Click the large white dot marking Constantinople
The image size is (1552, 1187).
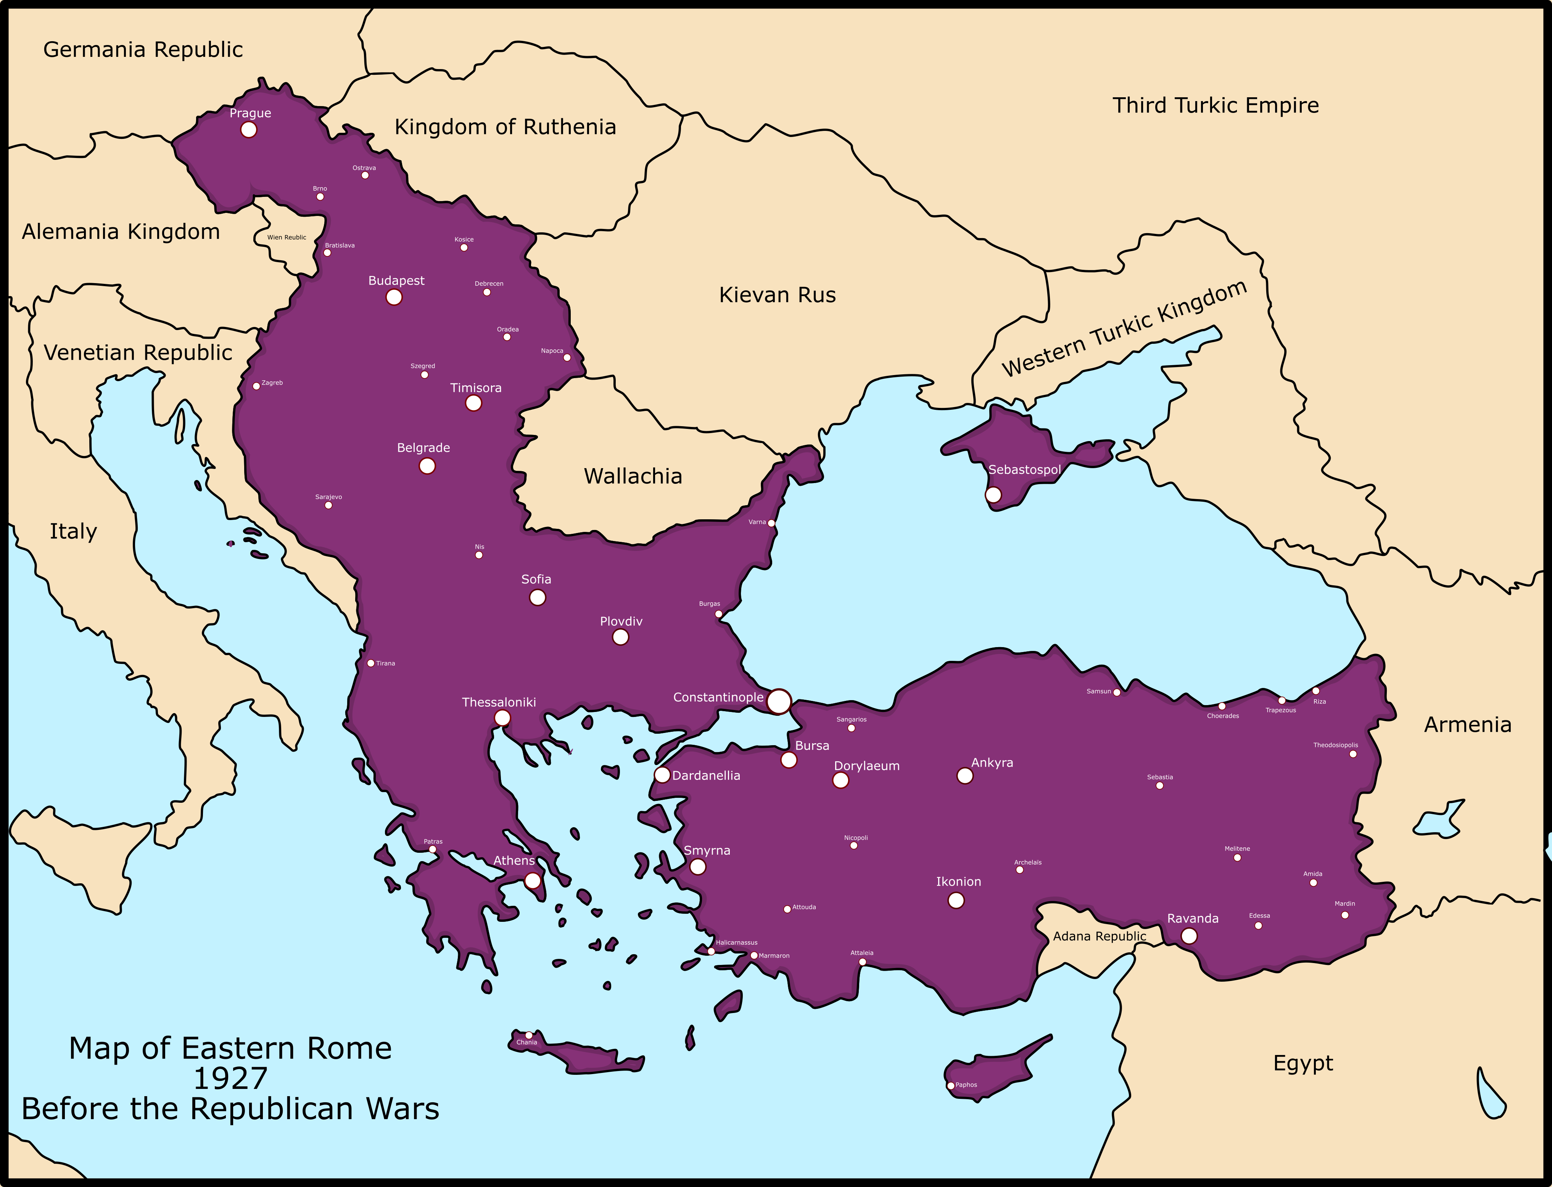pos(778,702)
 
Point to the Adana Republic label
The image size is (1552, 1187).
pos(1099,936)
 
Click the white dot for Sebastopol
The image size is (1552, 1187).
pos(993,494)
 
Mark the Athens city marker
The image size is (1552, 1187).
pos(533,880)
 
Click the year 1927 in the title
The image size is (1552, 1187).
pos(230,1079)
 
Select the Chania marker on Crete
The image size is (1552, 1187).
pos(528,1035)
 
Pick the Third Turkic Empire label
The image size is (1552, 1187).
pos(1215,105)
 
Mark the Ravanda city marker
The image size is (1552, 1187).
pos(1189,936)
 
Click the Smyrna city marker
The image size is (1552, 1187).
pos(697,867)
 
